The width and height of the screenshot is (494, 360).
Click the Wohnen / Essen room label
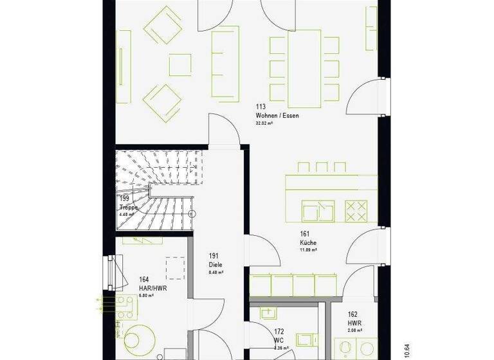coord(277,116)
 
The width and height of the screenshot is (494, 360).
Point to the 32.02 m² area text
coord(265,123)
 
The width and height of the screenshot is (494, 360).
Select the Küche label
coord(307,243)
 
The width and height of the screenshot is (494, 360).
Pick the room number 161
coord(304,235)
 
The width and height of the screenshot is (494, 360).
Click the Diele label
coord(216,264)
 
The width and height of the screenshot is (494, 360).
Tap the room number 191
coord(213,256)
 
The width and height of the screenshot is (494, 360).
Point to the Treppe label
coord(129,207)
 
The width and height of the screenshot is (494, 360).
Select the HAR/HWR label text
coord(153,289)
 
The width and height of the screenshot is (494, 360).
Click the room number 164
coord(144,280)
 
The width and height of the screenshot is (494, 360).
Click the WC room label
coord(279,341)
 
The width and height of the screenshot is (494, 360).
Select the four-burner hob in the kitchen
coord(357,209)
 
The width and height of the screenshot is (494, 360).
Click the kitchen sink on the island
coord(318,210)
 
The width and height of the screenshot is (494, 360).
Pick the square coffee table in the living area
coord(180,64)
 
